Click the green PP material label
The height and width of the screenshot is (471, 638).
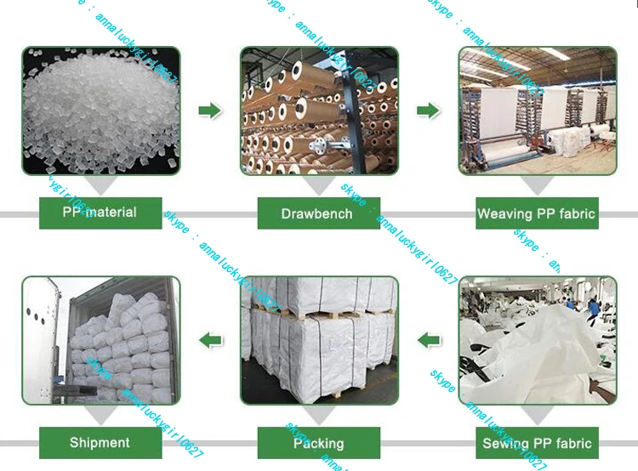coord(100,213)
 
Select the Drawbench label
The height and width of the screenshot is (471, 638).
coord(318,213)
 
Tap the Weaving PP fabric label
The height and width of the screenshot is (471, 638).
coord(537,213)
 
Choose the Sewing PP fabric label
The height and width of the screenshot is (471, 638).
coord(537,443)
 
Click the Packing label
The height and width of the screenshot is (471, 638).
coord(318,443)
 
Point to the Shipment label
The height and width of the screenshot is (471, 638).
coord(100,442)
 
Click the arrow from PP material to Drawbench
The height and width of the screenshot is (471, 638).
coord(209,111)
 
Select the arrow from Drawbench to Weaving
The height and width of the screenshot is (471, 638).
coord(428,111)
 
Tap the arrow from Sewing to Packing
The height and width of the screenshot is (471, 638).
coord(429,341)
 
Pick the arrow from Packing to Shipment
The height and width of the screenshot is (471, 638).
coord(210,341)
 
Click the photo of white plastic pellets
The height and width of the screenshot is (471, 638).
coord(100,111)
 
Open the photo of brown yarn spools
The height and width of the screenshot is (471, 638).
coord(319,111)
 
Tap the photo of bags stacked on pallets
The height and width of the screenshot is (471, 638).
coord(319,340)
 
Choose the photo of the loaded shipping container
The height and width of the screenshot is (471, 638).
coord(100,340)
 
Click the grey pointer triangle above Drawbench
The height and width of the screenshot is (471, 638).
coord(318,186)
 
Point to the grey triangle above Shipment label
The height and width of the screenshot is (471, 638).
coord(100,416)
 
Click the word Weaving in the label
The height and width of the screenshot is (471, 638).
coord(504,213)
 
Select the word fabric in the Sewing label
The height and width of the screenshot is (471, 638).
coord(571,443)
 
